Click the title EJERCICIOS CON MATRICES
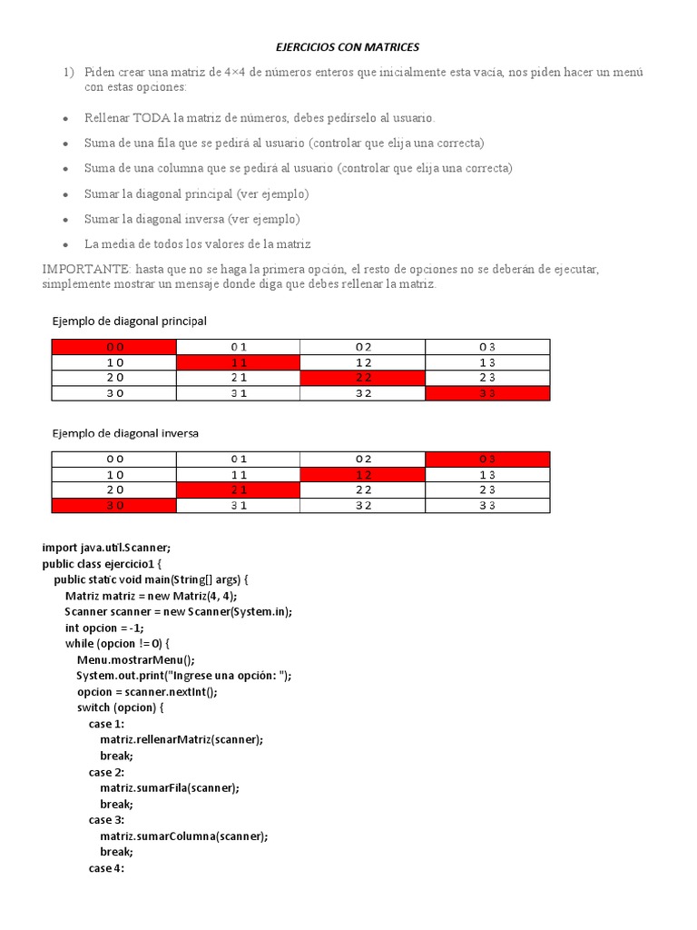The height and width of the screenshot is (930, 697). point(348,46)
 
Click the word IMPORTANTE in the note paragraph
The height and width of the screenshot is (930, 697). point(86,270)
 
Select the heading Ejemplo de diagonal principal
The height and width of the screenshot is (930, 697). point(129,322)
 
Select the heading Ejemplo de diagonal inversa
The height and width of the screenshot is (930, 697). point(125,433)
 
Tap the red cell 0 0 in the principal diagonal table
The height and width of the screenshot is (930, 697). point(114,347)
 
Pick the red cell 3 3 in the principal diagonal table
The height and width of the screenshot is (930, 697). point(487,393)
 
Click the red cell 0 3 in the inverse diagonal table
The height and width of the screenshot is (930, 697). point(487,459)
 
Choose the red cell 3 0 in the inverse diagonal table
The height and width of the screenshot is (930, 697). point(114,506)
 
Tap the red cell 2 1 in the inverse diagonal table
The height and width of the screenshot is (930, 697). point(239,490)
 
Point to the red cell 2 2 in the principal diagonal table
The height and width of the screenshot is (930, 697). point(363,378)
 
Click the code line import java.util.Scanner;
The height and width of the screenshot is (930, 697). point(106,547)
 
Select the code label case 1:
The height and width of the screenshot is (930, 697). point(106,724)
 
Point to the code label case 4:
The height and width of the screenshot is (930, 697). point(106,868)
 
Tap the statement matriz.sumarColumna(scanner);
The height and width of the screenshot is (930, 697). point(184,836)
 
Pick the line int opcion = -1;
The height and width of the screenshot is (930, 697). point(104,628)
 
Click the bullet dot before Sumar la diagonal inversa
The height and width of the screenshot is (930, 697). point(65,221)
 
